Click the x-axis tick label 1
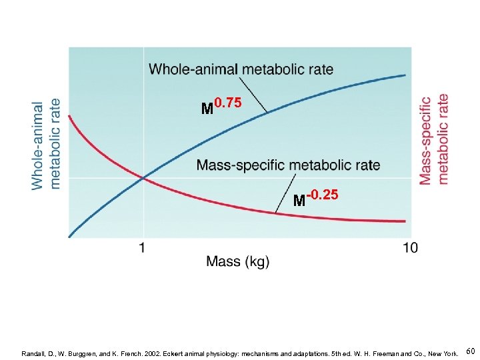tap(142, 248)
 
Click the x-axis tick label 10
tap(411, 248)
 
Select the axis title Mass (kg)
tap(238, 261)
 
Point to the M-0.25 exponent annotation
tap(316, 197)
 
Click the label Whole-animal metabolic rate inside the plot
tap(241, 69)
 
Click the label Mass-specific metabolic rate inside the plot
tap(288, 165)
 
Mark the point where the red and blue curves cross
tap(143, 177)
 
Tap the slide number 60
tap(471, 351)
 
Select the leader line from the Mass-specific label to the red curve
tap(286, 193)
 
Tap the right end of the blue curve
tap(405, 75)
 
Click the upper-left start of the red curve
tap(70, 117)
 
